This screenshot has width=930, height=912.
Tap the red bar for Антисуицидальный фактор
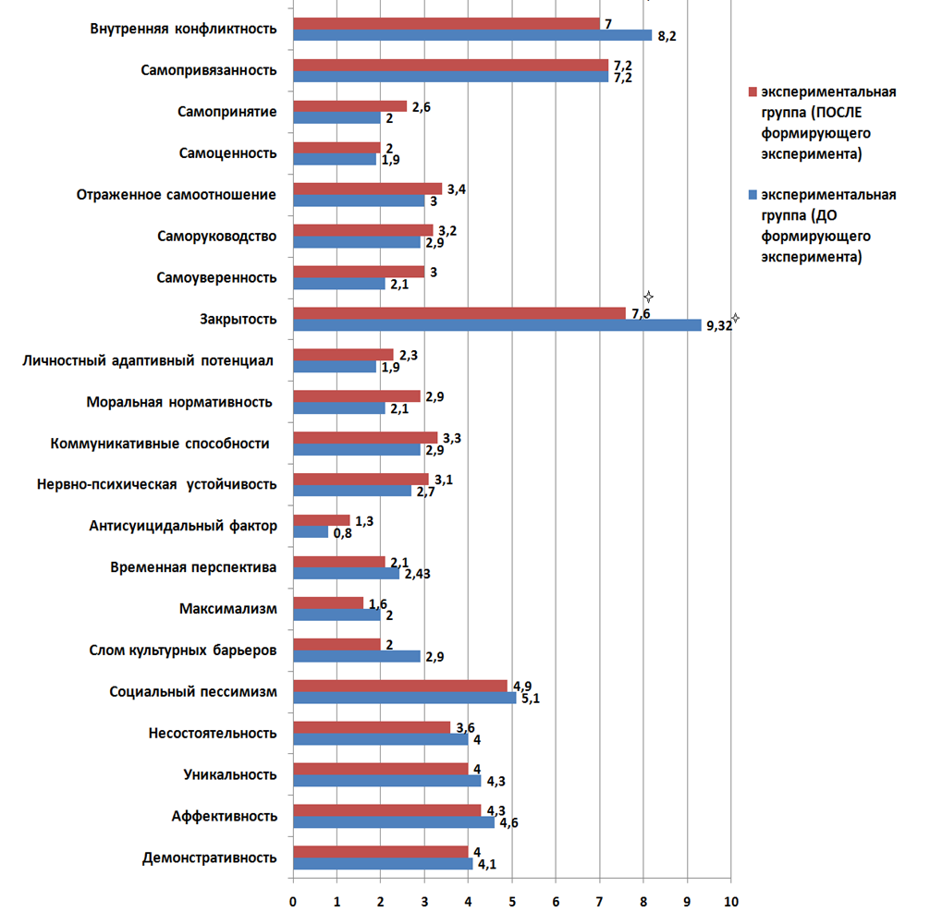(x=321, y=521)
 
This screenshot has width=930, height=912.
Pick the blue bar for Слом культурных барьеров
(x=356, y=656)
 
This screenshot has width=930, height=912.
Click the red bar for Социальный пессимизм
(x=399, y=686)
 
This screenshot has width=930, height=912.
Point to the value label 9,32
(x=718, y=325)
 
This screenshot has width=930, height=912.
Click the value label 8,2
(x=666, y=36)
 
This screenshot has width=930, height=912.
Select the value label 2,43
(x=418, y=574)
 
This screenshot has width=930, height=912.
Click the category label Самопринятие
(x=227, y=112)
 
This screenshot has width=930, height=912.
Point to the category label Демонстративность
(x=209, y=857)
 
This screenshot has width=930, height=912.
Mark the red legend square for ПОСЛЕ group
(x=753, y=93)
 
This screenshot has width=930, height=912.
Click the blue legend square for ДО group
(x=753, y=195)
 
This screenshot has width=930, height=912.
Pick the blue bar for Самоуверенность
(x=338, y=284)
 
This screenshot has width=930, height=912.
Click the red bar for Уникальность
(x=380, y=769)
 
